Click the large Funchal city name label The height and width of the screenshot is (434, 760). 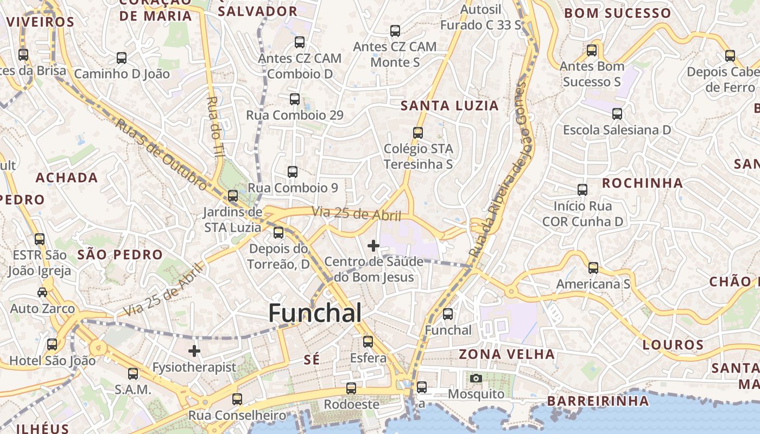[x=315, y=313]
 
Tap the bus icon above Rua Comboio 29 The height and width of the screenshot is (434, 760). [x=295, y=99]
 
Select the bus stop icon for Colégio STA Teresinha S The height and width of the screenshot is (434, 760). [x=417, y=133]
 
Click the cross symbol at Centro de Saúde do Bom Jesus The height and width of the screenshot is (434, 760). [x=373, y=246]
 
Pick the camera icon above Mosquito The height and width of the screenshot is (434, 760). [x=476, y=378]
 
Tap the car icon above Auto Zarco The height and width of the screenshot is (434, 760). [x=42, y=292]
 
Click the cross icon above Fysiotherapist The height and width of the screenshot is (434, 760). [x=194, y=351]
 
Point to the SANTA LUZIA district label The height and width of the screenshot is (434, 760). [x=449, y=106]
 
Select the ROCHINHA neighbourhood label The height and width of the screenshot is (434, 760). [x=642, y=183]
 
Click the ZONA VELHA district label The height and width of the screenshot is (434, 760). [x=507, y=354]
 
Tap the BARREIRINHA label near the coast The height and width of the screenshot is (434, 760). [x=598, y=401]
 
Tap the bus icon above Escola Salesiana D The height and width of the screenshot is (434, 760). [x=617, y=114]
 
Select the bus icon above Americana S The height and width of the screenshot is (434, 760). [x=593, y=268]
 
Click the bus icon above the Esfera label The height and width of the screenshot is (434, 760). [x=368, y=342]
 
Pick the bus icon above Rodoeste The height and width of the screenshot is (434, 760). [x=351, y=388]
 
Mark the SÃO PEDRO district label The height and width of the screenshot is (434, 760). [x=120, y=254]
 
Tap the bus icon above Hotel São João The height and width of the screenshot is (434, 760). [x=52, y=344]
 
